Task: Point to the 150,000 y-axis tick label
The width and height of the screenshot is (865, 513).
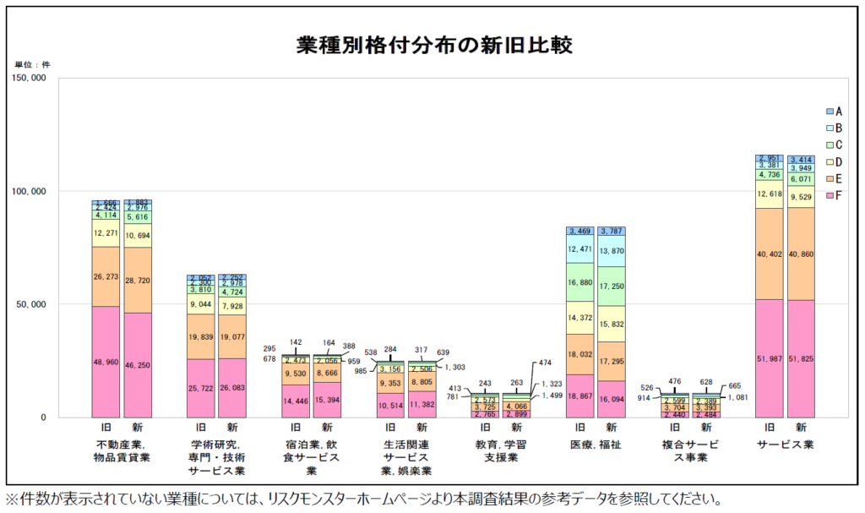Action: [x=30, y=79]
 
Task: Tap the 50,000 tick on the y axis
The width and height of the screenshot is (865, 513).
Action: [x=32, y=304]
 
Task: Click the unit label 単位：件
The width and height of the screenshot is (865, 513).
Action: [x=32, y=64]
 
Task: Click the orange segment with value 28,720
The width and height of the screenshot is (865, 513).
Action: [x=138, y=280]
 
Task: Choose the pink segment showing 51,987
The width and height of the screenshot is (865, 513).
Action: [x=770, y=358]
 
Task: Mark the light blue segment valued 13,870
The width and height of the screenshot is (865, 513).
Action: [x=612, y=251]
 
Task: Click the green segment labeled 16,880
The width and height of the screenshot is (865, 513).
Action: [x=580, y=282]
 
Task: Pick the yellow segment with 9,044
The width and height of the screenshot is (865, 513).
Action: [x=201, y=304]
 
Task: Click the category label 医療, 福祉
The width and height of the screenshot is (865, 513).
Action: [x=596, y=445]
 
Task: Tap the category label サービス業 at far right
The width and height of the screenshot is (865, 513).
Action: [x=785, y=445]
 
